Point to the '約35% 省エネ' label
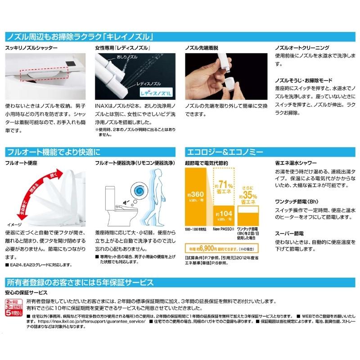(x=249, y=197)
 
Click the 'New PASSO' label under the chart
(x=222, y=230)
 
